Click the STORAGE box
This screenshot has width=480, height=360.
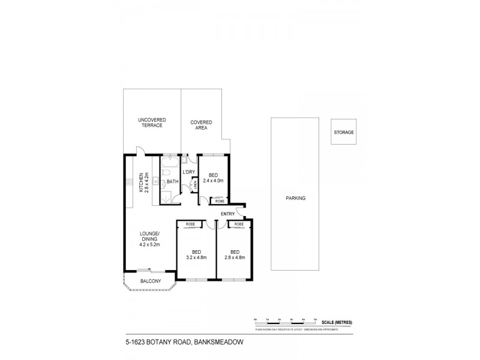tap(344, 132)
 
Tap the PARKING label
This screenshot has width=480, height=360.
tap(295, 197)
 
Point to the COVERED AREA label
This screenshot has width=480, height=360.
tap(201, 125)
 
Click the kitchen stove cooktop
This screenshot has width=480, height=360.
tap(129, 181)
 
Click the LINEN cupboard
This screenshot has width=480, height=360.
tap(196, 185)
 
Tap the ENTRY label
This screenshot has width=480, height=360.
tap(228, 214)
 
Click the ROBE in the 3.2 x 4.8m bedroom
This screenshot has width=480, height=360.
tap(190, 224)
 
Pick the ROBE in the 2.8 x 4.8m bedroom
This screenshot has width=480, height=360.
tap(238, 224)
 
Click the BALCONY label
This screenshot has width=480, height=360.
tap(150, 281)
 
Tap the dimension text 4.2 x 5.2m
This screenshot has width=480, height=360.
tap(150, 244)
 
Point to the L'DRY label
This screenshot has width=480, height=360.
tap(189, 173)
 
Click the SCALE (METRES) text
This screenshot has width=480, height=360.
tap(336, 322)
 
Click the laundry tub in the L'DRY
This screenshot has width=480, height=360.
tap(185, 160)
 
